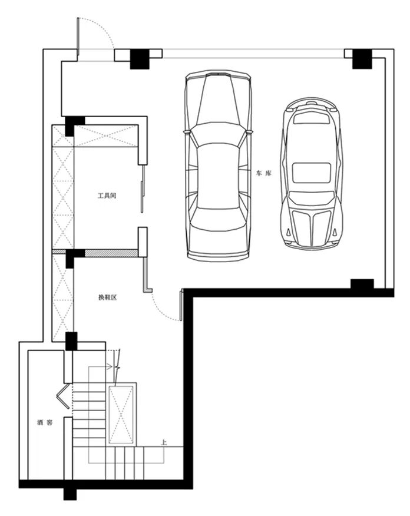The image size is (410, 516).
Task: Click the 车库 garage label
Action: coord(264,173)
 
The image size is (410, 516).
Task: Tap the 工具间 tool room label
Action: coord(107,196)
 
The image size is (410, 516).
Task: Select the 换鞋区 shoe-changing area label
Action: coord(108,297)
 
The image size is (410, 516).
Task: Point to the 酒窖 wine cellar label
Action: coord(45,422)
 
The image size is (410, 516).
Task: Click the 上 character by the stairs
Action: coord(164,442)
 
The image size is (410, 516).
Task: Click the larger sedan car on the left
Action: coord(218,166)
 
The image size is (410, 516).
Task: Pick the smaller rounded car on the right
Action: coord(311,173)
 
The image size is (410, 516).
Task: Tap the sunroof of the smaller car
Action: coord(311,173)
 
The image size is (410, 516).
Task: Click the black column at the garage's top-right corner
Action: coord(362,59)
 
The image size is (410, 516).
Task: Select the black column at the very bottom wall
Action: coord(70,494)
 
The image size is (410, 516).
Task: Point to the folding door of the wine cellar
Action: coord(63,396)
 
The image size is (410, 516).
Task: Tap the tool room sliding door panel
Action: coord(143,189)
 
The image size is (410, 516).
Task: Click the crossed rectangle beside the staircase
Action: coord(121,414)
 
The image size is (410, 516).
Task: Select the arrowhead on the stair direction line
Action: coord(109,366)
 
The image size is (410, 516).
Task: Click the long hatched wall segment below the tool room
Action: coord(111,253)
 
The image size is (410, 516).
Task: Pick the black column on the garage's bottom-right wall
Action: coord(362,284)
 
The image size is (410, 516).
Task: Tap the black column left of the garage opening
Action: coord(140,59)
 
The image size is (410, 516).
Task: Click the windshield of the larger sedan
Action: coord(218,133)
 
